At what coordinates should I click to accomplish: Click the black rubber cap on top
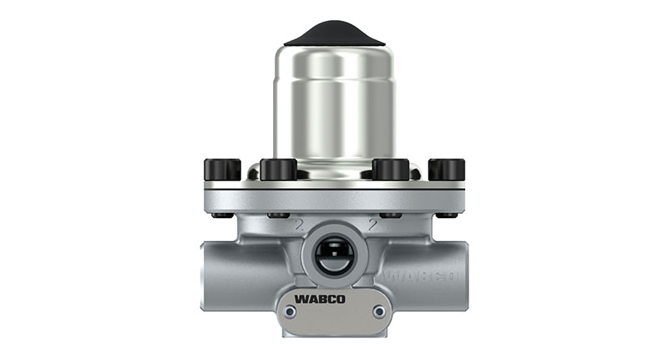coord(334,33)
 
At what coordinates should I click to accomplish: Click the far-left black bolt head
coord(222,170)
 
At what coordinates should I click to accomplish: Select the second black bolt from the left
coord(278,170)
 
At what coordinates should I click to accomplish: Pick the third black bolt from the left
coord(391,170)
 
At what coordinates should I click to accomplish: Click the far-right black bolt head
coord(447,170)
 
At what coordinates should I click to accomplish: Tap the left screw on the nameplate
coord(289,312)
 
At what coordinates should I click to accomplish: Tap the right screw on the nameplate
coord(379,312)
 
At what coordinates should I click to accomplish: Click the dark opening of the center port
coord(334,254)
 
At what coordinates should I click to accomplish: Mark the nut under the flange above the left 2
coord(275,215)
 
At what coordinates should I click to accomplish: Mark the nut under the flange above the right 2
coord(393,215)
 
